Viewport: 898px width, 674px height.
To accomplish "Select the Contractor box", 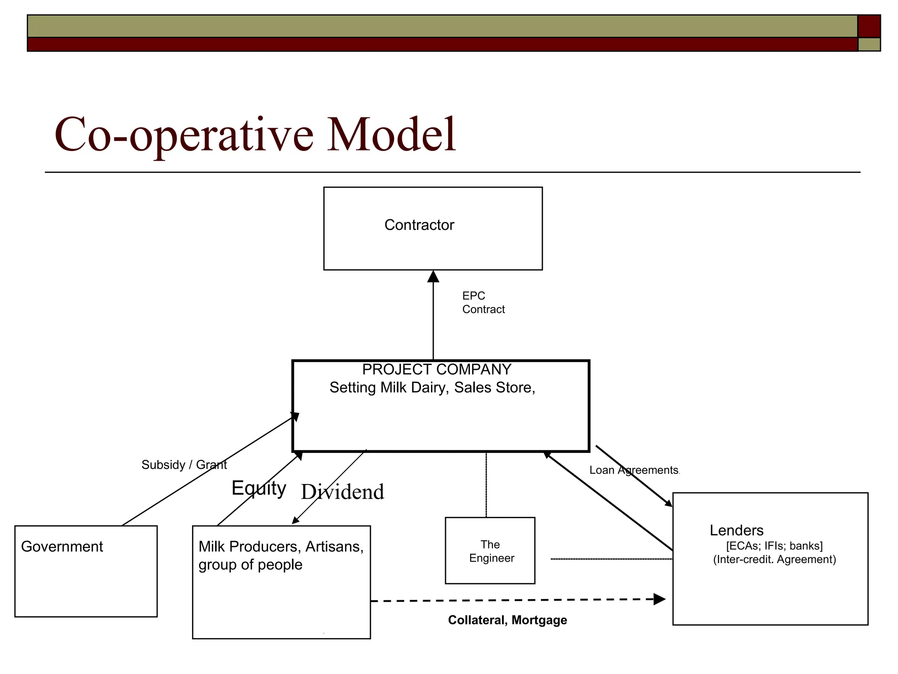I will [433, 228].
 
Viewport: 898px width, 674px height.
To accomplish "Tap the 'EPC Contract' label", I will [483, 302].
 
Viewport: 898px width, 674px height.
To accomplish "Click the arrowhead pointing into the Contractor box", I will [433, 276].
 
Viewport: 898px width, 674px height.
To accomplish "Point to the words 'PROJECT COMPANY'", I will [436, 369].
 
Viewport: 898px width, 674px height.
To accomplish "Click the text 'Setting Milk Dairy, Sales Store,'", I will [432, 387].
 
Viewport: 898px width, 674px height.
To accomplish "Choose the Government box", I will [86, 571].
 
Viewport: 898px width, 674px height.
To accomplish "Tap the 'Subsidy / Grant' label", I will [184, 465].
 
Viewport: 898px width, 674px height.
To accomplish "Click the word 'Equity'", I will [259, 488].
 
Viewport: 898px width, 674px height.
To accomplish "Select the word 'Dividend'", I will [342, 492].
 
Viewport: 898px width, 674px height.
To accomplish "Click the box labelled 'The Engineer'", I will [490, 551].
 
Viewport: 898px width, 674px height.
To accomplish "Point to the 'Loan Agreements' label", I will [634, 470].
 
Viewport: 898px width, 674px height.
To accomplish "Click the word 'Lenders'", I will [737, 531].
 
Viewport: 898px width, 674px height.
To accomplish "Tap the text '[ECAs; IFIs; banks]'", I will [774, 546].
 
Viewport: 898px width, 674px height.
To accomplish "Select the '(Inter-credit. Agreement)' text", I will [774, 559].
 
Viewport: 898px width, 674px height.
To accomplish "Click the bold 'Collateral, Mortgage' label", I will [507, 620].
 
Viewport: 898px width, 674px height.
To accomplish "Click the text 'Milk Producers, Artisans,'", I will [281, 546].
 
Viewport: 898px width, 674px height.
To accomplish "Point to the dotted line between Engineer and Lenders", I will [611, 559].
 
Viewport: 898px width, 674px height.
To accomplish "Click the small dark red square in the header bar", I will [869, 26].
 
